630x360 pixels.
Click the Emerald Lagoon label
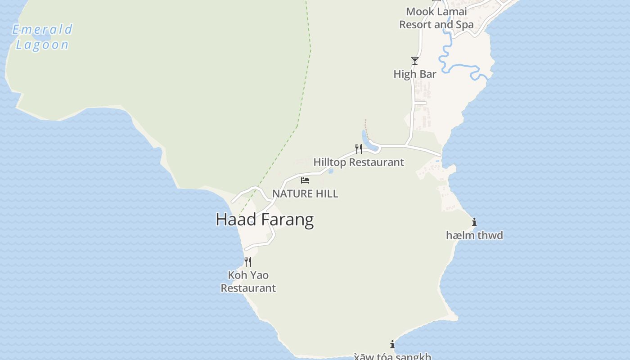coord(42,37)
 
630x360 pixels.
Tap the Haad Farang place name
coord(265,220)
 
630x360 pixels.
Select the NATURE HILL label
coord(305,194)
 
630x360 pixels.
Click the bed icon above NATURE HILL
coord(305,180)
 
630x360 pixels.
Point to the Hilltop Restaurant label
coord(359,162)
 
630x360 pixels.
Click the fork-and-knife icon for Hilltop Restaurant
coord(359,149)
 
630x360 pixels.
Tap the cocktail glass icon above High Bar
coord(414,61)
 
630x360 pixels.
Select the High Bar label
coord(414,74)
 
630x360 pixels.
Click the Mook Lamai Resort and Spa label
coord(436,18)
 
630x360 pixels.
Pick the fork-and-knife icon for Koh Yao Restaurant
coord(247,261)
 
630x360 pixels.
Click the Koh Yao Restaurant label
coord(248,281)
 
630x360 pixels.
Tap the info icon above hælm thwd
coord(474,222)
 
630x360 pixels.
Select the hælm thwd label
coord(474,235)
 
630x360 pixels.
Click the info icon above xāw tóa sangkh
coord(392,344)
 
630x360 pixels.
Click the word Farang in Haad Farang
coord(287,220)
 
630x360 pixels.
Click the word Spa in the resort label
coord(465,25)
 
